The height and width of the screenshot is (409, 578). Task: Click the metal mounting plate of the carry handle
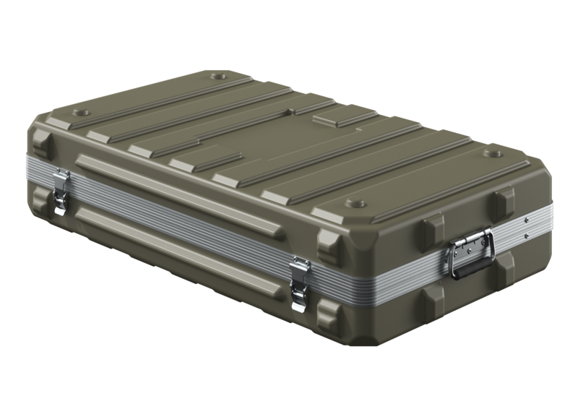coord(470,242)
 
